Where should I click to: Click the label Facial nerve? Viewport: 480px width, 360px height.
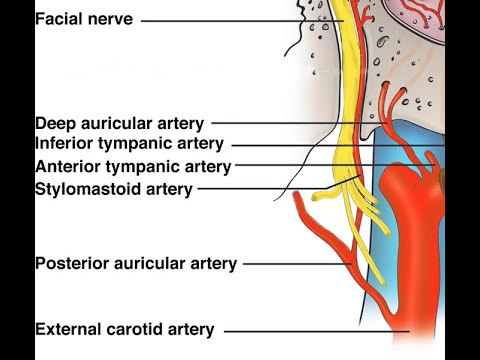coord(83,19)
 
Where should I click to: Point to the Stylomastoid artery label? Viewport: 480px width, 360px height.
coord(113,188)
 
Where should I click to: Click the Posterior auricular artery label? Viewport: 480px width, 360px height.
coord(135,264)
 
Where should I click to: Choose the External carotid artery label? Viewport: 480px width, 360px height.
coord(124,329)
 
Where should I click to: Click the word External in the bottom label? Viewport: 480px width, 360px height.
coord(68,329)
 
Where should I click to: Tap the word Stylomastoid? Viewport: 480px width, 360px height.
coord(84,188)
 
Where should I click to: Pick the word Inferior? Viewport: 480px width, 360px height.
coord(67,144)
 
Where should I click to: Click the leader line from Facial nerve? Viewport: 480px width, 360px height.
coord(240,20)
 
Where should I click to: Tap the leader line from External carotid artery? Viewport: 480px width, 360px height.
coord(310,330)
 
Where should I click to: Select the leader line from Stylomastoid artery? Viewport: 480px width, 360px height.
coord(260,188)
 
